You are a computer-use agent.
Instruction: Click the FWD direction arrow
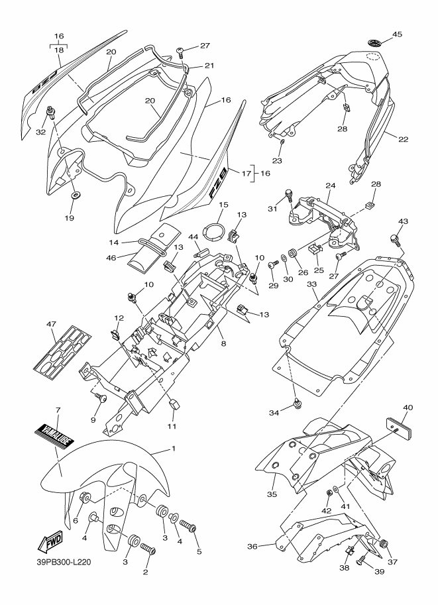[50, 543]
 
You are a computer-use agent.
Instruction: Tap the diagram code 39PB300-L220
[62, 562]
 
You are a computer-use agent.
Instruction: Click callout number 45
[397, 34]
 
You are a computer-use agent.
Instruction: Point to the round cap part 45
[374, 42]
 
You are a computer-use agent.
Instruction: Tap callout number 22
[404, 139]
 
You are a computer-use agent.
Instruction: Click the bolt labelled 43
[395, 239]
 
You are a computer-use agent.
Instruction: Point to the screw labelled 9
[101, 398]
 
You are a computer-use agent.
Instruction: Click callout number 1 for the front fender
[173, 449]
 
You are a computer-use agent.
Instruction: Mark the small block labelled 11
[174, 405]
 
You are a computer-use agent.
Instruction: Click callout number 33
[312, 284]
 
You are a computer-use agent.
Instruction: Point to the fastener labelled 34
[298, 403]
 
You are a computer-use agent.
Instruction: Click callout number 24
[331, 186]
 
